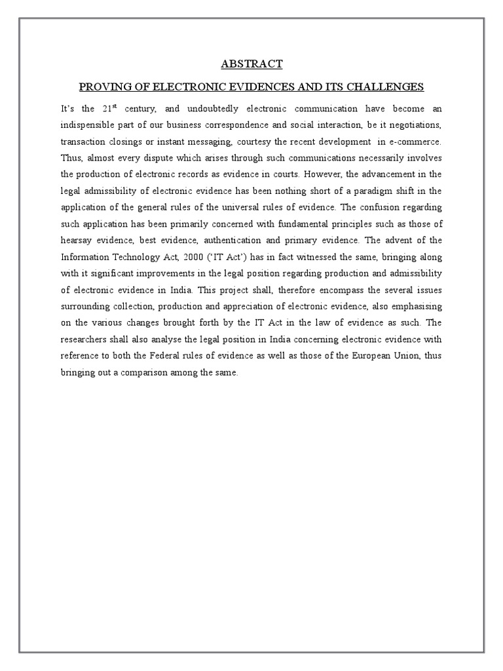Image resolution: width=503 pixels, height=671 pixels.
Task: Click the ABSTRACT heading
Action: pos(251,64)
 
